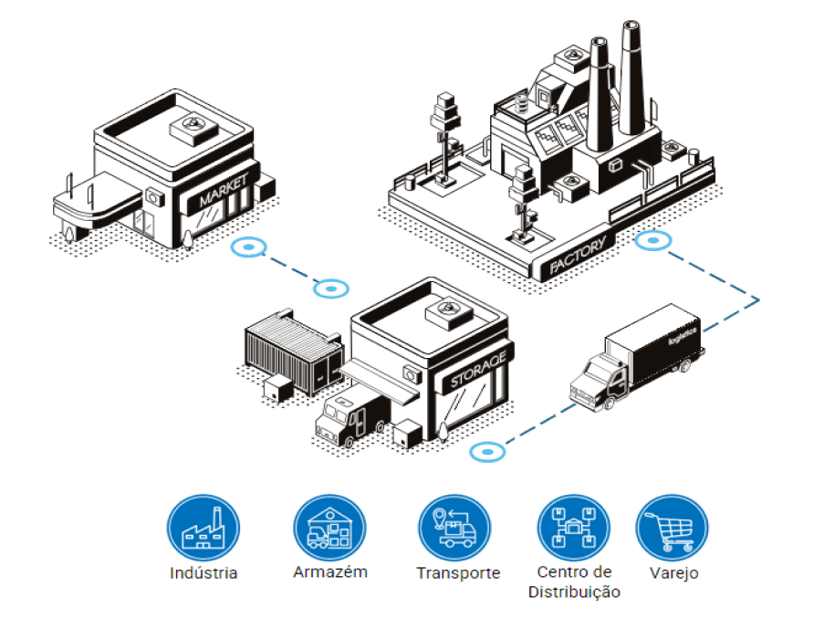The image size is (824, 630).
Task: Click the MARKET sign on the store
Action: click(x=224, y=191)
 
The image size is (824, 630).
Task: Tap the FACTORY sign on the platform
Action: click(x=578, y=256)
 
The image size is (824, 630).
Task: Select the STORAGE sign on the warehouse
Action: click(x=478, y=370)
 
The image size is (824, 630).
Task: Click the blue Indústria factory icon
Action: click(x=203, y=528)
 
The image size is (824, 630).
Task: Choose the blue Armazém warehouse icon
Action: click(x=329, y=528)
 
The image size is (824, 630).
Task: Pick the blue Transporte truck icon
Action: click(x=455, y=528)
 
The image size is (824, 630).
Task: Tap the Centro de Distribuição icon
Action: click(x=574, y=528)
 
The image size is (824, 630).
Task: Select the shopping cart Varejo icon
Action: click(x=673, y=528)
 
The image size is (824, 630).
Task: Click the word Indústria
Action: click(x=203, y=572)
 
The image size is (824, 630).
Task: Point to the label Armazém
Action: click(x=330, y=572)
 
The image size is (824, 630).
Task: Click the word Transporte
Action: click(x=458, y=572)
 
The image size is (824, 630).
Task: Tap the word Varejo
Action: click(x=673, y=572)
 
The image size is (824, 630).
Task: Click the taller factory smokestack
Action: click(x=631, y=78)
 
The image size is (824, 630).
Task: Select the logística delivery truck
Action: click(x=638, y=357)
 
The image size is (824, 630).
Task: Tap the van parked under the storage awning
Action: click(x=352, y=415)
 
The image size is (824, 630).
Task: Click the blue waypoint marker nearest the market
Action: click(x=248, y=247)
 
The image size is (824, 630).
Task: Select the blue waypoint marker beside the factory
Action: click(x=653, y=240)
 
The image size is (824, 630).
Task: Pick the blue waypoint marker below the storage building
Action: click(x=487, y=452)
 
